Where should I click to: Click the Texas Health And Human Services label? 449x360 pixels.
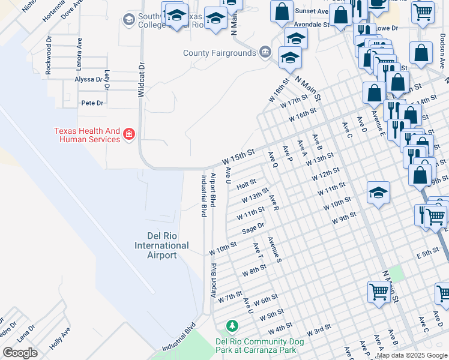(87, 135)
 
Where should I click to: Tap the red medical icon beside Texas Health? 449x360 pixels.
(128, 134)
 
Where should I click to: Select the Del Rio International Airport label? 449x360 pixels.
(161, 245)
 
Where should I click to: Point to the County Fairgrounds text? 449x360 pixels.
(220, 53)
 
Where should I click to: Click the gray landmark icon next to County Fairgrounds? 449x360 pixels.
(265, 53)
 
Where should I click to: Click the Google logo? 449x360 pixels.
(20, 353)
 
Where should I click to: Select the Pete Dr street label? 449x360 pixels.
(92, 103)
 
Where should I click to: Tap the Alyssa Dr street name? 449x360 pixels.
(88, 79)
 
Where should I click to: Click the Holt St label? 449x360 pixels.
(246, 182)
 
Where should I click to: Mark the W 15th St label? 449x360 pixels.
(238, 158)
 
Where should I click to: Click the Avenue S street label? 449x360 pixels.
(275, 250)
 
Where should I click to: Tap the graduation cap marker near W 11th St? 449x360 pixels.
(378, 194)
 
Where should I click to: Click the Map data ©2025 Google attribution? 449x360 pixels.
(412, 355)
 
